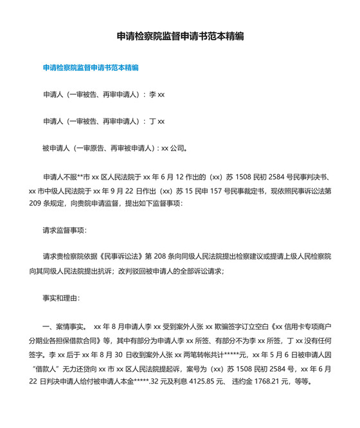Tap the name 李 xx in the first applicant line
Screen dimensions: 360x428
coord(157,94)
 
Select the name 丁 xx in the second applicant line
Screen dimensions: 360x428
coord(157,121)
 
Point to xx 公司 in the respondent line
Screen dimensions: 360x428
coord(173,148)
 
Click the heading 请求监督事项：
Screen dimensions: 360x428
coord(65,230)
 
